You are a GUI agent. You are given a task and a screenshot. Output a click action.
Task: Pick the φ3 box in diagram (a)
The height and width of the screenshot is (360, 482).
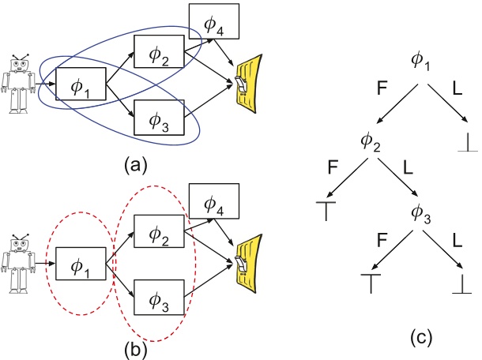pos(160,119)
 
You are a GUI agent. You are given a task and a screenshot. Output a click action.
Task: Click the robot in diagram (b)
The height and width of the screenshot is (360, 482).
pos(18,260)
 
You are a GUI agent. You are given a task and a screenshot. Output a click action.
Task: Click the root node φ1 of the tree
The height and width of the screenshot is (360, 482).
pos(420,60)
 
